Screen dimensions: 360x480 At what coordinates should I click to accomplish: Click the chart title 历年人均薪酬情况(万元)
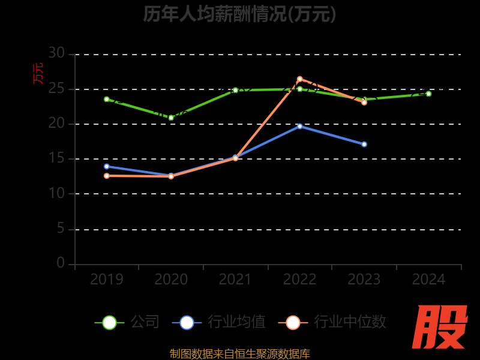(239, 13)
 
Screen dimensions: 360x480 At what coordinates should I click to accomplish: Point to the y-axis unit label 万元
(38, 73)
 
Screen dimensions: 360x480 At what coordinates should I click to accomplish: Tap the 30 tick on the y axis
(56, 53)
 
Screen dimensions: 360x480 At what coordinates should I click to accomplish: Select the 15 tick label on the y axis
(56, 158)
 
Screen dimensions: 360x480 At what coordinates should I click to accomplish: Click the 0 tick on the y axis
(61, 263)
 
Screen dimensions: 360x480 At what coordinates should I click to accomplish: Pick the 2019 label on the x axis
(107, 279)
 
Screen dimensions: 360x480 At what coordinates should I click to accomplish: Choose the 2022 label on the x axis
(299, 279)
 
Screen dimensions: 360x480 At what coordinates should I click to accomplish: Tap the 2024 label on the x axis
(429, 279)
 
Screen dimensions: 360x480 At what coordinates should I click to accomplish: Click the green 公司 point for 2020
(171, 118)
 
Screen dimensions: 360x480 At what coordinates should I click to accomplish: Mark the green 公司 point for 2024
(428, 94)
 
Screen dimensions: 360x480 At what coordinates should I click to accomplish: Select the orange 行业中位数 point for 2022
(299, 79)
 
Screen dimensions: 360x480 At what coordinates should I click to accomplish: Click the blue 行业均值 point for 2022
(299, 126)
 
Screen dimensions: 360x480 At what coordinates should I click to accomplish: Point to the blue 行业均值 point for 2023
(364, 144)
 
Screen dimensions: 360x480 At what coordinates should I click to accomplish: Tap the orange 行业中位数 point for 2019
(107, 176)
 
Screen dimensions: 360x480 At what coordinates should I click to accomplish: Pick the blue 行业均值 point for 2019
(107, 166)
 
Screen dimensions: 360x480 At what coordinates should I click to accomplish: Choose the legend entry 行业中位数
(332, 322)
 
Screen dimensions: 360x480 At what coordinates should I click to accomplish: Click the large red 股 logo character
(441, 327)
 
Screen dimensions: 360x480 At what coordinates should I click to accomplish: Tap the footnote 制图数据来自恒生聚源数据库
(239, 353)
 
